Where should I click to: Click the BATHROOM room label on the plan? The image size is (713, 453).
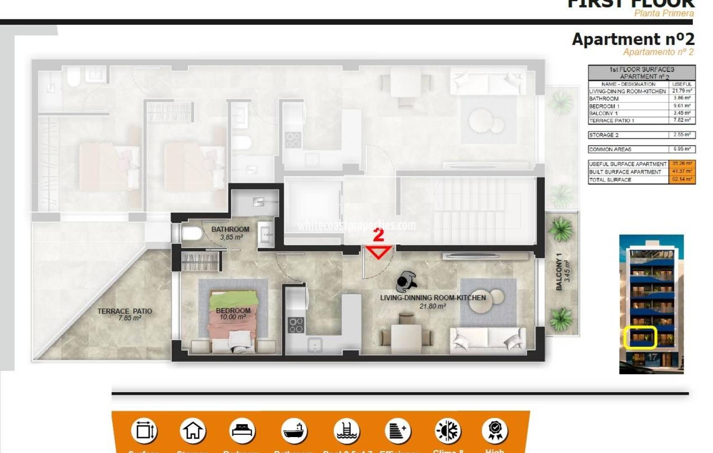tap(230, 229)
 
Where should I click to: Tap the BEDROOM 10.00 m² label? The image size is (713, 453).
tap(233, 313)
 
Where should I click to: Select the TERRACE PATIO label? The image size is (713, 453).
tap(125, 311)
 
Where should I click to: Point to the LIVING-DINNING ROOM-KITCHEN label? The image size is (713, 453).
tap(433, 298)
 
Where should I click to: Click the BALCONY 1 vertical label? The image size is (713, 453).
tap(559, 272)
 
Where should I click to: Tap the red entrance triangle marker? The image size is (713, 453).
tap(379, 253)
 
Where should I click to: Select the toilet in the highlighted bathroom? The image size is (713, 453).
tap(192, 233)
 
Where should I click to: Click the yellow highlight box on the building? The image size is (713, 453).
tap(640, 337)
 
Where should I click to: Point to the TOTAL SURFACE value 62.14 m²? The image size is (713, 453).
tap(682, 180)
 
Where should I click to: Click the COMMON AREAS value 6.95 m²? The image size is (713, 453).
tap(682, 149)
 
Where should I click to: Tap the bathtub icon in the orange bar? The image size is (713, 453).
tap(294, 431)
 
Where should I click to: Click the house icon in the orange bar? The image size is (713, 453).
tap(193, 431)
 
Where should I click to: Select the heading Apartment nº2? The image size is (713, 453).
tap(633, 39)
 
